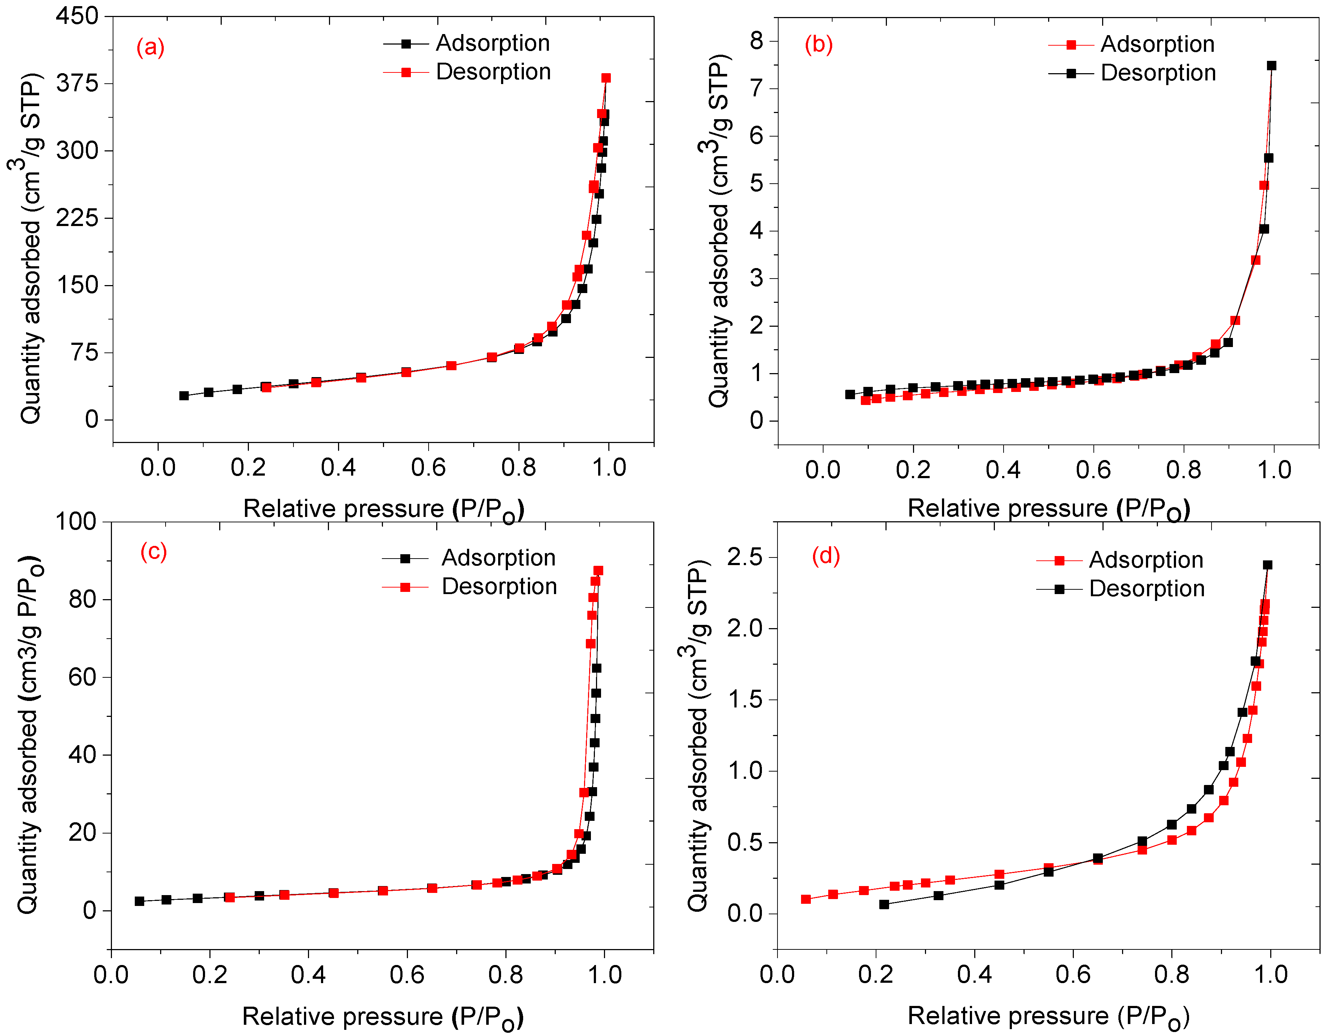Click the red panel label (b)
[818, 45]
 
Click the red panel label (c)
[154, 551]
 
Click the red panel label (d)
[826, 556]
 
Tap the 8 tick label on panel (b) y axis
[756, 41]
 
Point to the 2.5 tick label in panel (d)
[745, 557]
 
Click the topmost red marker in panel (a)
[606, 78]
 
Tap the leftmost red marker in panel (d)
[806, 899]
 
